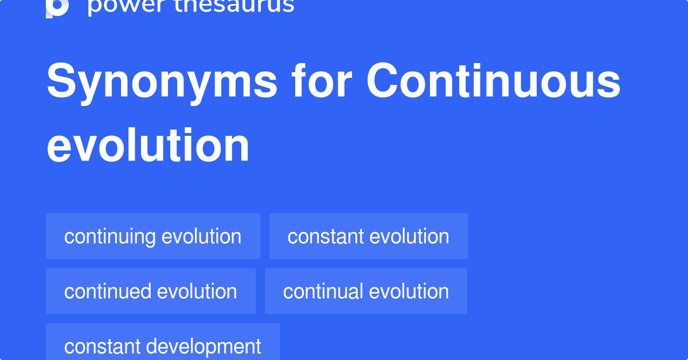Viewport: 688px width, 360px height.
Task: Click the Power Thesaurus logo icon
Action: (57, 7)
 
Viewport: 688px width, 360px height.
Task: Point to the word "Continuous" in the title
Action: (494, 81)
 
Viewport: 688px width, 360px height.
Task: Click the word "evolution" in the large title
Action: (148, 146)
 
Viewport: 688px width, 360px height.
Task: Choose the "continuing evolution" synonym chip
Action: (153, 236)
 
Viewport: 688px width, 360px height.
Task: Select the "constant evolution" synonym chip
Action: (368, 236)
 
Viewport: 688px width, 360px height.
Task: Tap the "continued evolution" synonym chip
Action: (150, 291)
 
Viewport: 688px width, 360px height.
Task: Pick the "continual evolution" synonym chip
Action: (366, 291)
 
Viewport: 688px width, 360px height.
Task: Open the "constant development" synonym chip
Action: (162, 346)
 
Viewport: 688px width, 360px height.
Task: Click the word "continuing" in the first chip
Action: (110, 237)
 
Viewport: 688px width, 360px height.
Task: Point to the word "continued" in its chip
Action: (108, 291)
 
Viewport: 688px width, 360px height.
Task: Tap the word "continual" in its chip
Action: (323, 291)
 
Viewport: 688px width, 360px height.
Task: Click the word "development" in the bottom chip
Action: (204, 346)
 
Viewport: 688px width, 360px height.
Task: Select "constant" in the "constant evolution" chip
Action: (325, 237)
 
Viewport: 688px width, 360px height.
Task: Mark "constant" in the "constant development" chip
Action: (102, 346)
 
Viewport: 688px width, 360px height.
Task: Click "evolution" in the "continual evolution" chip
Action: (409, 291)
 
